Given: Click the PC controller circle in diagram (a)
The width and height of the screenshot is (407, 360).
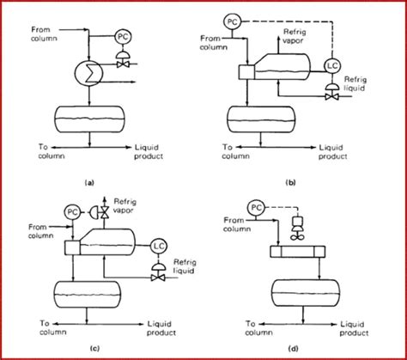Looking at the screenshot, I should tap(124, 37).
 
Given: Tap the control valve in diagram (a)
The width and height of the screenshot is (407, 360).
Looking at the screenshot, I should tap(124, 58).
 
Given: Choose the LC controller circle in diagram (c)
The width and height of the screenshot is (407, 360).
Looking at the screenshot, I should tap(159, 247).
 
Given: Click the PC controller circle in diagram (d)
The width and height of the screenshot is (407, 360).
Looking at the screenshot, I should tap(254, 207).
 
